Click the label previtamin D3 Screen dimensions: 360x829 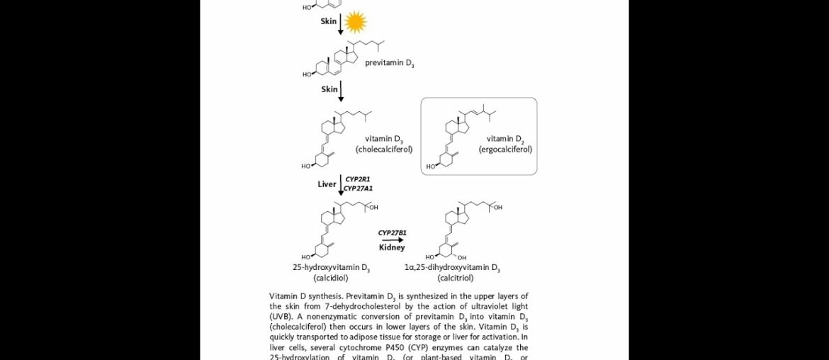(x=390, y=63)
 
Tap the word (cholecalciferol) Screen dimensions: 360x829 (x=384, y=150)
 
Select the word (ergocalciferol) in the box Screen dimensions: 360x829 (x=505, y=150)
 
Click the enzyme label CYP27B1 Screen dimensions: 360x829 (x=392, y=232)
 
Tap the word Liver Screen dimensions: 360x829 (x=327, y=184)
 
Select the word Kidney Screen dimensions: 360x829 (x=392, y=247)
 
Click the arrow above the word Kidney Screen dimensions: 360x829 (x=392, y=240)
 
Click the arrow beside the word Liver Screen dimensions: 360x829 (x=341, y=184)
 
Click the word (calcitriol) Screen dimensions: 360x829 (x=456, y=278)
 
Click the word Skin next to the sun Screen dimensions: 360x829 (x=329, y=22)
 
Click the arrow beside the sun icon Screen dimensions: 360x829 (x=341, y=23)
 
